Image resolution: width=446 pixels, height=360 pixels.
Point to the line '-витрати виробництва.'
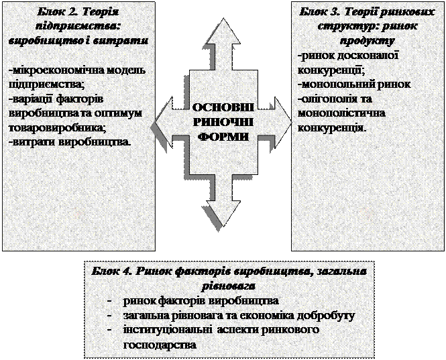pos(70,142)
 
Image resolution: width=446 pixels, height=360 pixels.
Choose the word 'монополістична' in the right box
pos(333,112)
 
